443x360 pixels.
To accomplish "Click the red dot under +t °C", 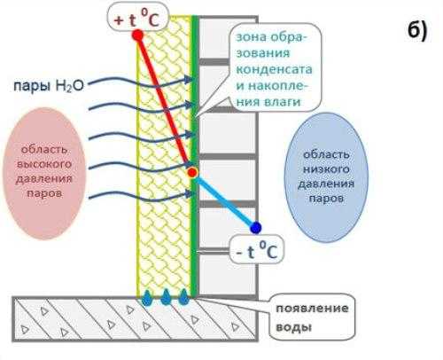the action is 137,35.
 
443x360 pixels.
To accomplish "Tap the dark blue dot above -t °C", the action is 255,228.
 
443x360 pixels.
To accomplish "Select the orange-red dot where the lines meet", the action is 192,173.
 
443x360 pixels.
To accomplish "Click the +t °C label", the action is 136,20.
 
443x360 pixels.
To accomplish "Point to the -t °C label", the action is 257,252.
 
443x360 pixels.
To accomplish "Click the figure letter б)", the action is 417,30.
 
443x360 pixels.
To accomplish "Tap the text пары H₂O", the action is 49,86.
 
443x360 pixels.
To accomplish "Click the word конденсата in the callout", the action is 274,69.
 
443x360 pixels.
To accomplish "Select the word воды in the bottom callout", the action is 293,327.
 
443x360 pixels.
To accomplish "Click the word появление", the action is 312,309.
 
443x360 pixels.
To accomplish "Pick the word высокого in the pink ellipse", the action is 44,164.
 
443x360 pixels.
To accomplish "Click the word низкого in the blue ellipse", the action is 326,169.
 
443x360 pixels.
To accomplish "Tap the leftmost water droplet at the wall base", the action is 147,298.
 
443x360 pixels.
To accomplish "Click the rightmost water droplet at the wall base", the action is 183,298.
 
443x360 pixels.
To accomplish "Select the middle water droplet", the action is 166,298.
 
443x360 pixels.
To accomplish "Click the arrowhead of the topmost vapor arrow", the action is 188,79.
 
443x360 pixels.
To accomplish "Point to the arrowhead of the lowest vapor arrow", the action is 188,194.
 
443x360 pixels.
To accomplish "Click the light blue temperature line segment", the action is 225,201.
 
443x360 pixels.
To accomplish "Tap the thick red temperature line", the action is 165,104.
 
